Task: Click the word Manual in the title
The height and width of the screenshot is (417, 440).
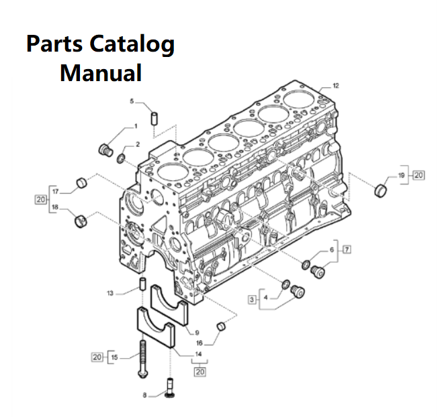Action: pos(101,72)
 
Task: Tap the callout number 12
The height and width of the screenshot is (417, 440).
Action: pos(336,86)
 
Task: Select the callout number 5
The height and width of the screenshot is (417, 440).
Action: pos(132,101)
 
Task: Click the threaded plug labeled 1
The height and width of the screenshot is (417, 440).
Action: pos(104,148)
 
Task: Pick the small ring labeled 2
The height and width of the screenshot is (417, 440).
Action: pos(121,158)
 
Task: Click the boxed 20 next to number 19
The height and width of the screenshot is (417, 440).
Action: pos(419,175)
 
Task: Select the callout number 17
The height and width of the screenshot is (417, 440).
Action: pos(56,191)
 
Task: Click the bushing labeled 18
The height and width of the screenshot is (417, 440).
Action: pos(81,219)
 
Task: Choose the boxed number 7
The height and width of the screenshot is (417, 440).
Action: pos(347,250)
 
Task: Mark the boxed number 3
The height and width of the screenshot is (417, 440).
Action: pos(253,299)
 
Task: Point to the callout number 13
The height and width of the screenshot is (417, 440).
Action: pos(110,292)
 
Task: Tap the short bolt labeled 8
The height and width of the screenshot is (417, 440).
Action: pos(170,389)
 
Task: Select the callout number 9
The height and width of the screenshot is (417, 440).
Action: pos(197,333)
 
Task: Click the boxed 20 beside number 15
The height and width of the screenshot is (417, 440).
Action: pos(97,357)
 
